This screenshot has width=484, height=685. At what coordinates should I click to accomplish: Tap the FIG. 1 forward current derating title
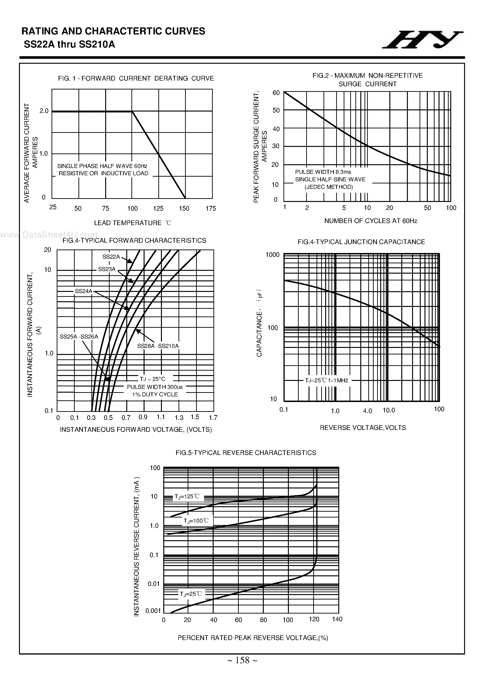click(136, 78)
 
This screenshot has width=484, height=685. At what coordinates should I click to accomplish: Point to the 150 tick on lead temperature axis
click(184, 208)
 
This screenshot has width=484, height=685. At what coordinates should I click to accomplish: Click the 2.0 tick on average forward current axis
click(44, 111)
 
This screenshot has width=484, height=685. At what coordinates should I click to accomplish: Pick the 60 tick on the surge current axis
click(276, 93)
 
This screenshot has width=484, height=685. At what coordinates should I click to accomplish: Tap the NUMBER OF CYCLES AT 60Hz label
click(371, 221)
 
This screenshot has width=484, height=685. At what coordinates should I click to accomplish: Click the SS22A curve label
click(111, 257)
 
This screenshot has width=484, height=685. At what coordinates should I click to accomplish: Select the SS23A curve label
click(107, 269)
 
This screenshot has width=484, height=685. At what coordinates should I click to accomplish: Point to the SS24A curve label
click(84, 291)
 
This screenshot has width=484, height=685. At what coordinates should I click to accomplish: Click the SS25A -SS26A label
click(79, 337)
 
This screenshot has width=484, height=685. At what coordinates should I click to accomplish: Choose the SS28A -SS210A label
click(158, 346)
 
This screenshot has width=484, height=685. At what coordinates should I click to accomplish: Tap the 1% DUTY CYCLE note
click(155, 395)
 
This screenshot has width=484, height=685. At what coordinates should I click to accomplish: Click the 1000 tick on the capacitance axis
click(272, 254)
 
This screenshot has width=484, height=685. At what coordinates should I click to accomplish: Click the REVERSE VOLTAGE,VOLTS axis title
click(363, 428)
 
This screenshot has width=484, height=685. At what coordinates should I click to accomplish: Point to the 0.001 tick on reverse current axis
click(153, 611)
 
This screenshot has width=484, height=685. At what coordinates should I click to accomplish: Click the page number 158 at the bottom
click(242, 669)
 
